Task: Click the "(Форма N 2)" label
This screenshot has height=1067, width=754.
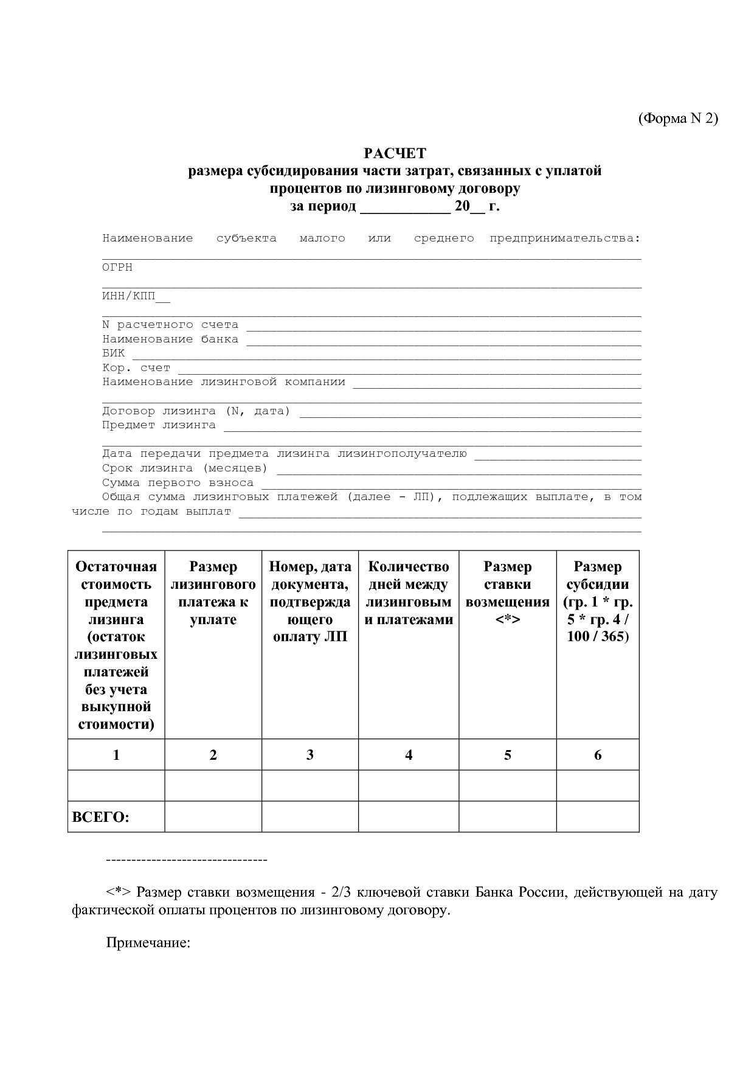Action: click(x=677, y=119)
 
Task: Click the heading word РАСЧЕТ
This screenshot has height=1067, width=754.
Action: click(x=395, y=153)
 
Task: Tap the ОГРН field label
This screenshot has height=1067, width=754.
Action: click(x=117, y=268)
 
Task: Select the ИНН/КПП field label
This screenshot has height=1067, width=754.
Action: click(x=129, y=297)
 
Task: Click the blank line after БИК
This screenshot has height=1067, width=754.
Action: click(x=386, y=354)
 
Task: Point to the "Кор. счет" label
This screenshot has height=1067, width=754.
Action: click(x=136, y=368)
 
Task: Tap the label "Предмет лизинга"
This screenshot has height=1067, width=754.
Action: click(x=159, y=425)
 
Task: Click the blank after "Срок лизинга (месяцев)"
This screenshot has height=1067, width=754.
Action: click(x=458, y=469)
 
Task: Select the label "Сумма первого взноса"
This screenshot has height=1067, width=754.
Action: click(x=178, y=483)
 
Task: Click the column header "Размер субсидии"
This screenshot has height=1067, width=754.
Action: click(x=597, y=602)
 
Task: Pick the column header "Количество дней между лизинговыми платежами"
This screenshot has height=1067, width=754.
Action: click(x=409, y=593)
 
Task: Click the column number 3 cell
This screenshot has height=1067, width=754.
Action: click(x=310, y=755)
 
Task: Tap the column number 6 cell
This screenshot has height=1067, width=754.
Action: click(x=597, y=755)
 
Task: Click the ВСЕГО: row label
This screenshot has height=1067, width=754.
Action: click(x=101, y=817)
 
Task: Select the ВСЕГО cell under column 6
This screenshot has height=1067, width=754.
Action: click(x=597, y=816)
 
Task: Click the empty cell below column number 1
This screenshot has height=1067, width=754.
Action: click(x=116, y=785)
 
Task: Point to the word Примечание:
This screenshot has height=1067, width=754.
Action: click(x=148, y=943)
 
